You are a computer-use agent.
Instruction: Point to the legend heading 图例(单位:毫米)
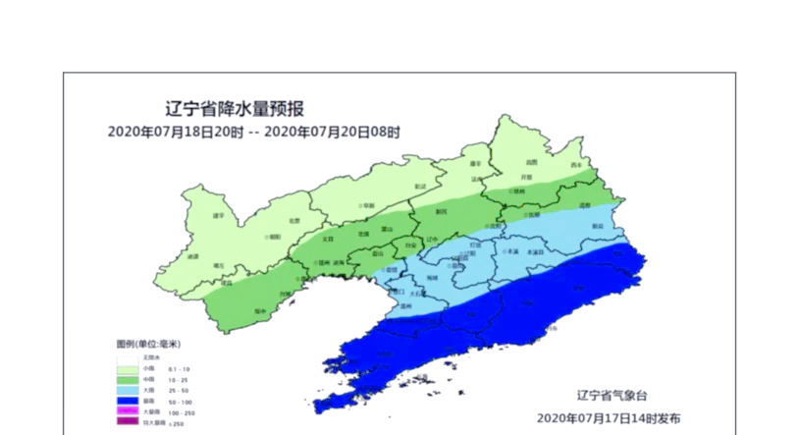tap(148, 344)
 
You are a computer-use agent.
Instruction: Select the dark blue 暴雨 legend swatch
tap(128, 400)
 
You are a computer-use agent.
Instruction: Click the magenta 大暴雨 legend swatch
tap(128, 411)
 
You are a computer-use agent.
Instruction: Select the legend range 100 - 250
tap(179, 411)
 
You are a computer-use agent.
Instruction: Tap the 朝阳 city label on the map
tap(275, 236)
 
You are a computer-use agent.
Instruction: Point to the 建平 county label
tap(219, 214)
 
